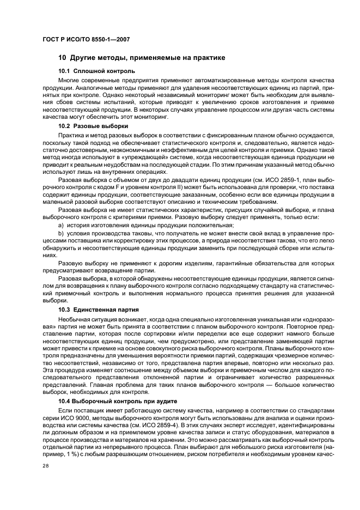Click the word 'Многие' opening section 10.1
70,80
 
